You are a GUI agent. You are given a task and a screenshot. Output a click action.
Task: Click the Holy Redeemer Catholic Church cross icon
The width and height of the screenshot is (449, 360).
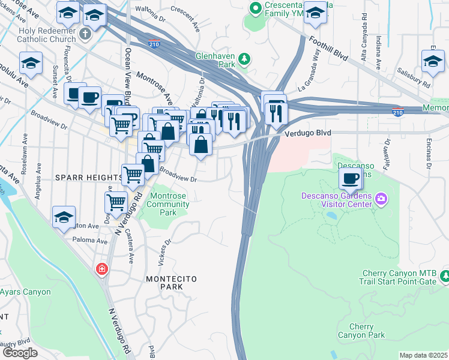tap(85, 34)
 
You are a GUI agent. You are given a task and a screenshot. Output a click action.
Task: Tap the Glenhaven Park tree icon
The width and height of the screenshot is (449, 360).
tap(244, 58)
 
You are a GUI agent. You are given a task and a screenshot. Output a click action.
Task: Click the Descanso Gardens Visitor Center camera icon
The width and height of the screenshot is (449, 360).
tap(381, 199)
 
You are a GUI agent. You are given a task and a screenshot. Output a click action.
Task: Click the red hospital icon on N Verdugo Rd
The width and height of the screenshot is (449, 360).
tap(103, 268)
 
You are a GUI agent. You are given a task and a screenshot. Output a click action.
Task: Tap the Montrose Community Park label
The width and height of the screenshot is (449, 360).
tap(169, 204)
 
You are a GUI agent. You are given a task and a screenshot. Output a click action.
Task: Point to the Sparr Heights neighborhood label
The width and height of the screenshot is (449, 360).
tap(88, 178)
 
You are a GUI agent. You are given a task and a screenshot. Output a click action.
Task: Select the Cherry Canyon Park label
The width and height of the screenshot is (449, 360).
tap(361, 331)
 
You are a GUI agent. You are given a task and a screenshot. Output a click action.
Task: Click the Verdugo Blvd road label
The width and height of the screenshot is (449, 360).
tap(310, 133)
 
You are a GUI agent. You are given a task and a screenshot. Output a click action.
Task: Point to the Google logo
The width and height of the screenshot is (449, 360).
tap(19, 353)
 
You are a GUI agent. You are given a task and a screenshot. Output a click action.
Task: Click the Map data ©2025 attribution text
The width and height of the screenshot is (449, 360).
tap(423, 355)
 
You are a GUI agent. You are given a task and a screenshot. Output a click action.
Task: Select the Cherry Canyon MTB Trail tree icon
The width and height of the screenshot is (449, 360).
tap(445, 275)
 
